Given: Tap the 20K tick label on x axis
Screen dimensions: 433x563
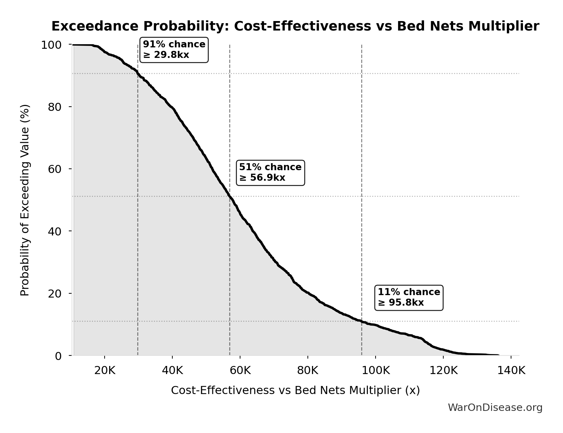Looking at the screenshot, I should pos(105,371).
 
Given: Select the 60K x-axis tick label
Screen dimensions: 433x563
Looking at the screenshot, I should pos(240,371).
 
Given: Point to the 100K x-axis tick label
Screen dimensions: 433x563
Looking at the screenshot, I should pos(375,371).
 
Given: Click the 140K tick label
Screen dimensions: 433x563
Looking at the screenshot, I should pos(511,371).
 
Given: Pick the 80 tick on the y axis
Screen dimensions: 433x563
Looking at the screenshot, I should pos(55,107).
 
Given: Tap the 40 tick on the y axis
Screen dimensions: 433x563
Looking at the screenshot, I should pos(55,231).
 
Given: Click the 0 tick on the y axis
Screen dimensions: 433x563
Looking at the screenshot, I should pos(58,356).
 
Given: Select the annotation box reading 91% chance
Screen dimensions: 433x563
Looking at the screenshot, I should pos(174,50).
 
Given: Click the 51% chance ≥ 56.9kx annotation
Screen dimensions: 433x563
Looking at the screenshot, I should pos(270,173).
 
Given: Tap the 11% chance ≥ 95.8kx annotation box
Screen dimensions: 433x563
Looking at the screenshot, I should pos(409,298).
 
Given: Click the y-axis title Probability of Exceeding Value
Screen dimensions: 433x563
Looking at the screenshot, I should pos(25,200).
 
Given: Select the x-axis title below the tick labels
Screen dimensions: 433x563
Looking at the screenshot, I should pos(295,390).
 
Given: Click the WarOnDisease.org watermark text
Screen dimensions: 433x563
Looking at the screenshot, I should pos(495,407).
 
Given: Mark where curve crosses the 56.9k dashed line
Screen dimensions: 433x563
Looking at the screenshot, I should pos(230,196).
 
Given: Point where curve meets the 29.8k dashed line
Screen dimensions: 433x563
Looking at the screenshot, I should pos(138,74).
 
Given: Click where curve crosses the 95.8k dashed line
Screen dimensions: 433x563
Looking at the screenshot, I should pos(362,321).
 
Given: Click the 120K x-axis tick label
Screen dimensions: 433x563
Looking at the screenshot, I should pos(443,371).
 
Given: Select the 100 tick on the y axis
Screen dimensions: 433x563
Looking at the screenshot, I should pos(51,45).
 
